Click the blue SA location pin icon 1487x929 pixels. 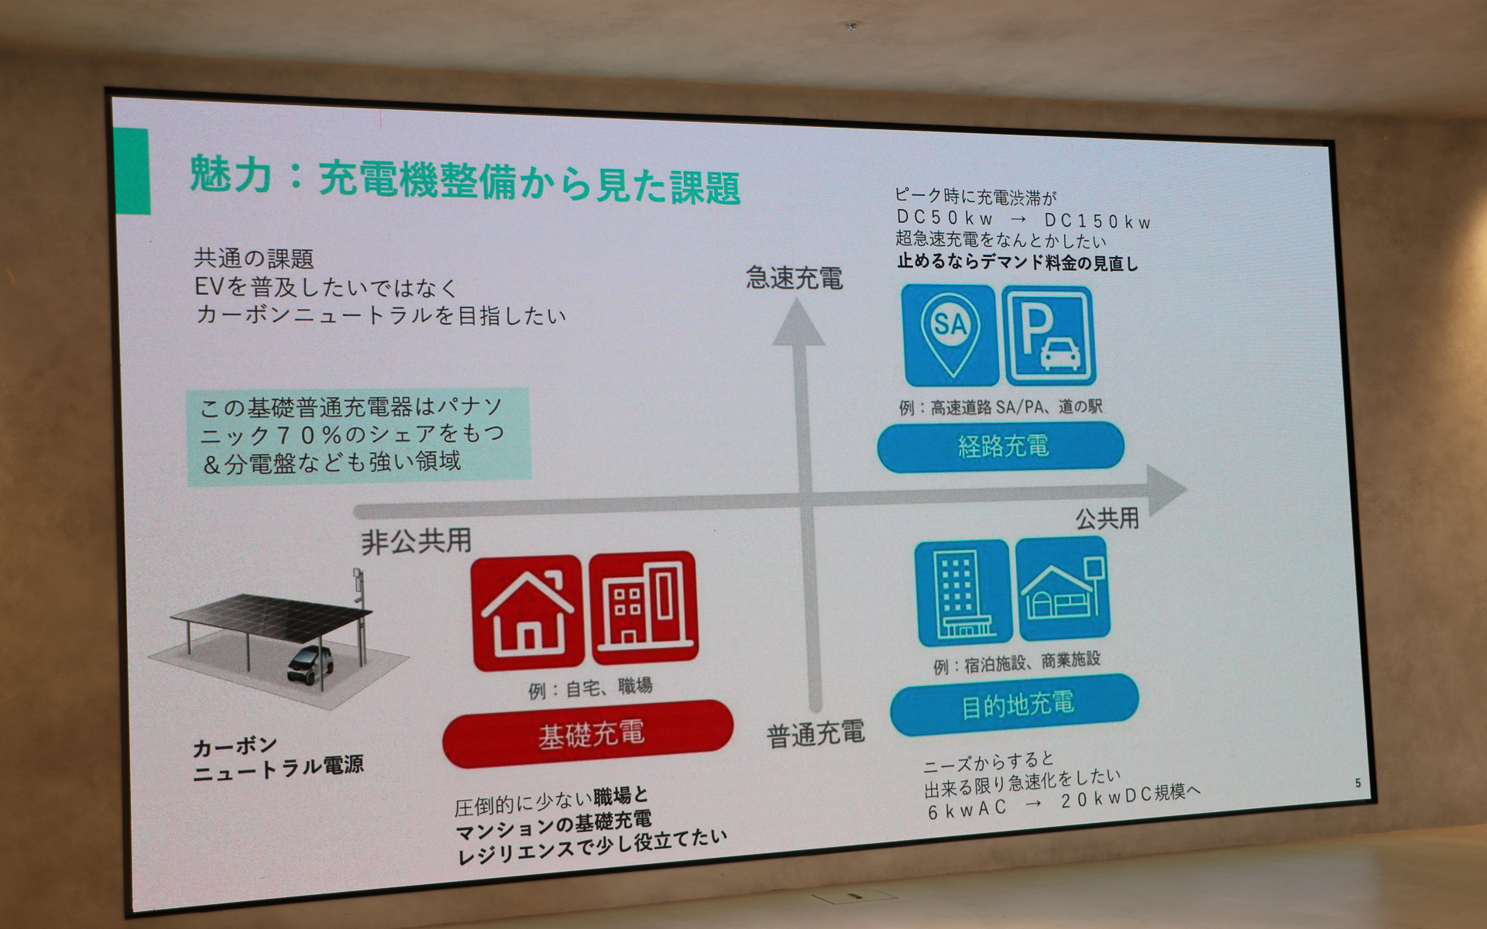[x=950, y=334]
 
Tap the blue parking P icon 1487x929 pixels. [x=1049, y=336]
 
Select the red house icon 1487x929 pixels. [x=527, y=612]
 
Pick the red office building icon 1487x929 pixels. [x=644, y=608]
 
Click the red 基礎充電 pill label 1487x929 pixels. [x=589, y=734]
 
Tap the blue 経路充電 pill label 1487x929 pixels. [x=1001, y=447]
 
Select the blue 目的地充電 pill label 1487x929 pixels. [x=1015, y=704]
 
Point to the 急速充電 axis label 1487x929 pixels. [x=794, y=278]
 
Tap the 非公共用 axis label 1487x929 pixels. [x=416, y=541]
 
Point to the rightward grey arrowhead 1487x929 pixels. [x=1166, y=490]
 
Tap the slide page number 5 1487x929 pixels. [x=1358, y=783]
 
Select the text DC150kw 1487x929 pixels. [x=1097, y=221]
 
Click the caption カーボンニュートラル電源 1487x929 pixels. [x=277, y=758]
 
